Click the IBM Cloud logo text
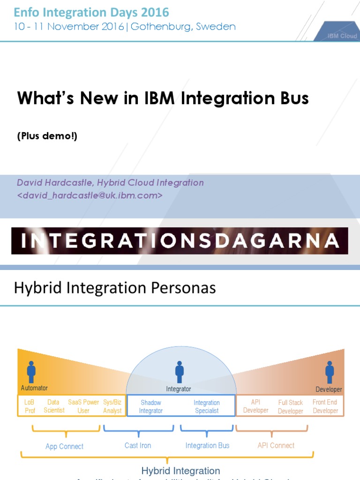tap(342, 36)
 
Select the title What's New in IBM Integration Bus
tap(163, 98)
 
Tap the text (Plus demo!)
tap(47, 136)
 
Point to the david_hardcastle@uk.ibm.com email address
tap(90, 195)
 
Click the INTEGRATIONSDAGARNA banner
tap(180, 240)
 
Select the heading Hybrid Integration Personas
tap(115, 288)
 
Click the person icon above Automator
tap(31, 371)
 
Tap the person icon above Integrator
tap(179, 371)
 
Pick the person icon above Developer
tap(330, 372)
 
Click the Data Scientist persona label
tap(54, 406)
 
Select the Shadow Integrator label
tap(151, 406)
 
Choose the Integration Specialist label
tap(207, 406)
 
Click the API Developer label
tap(256, 406)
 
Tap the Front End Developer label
tap(325, 406)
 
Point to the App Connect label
tap(65, 446)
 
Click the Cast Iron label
tap(138, 445)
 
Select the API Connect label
tap(276, 445)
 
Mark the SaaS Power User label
tap(83, 406)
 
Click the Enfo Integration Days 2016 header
tap(91, 13)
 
